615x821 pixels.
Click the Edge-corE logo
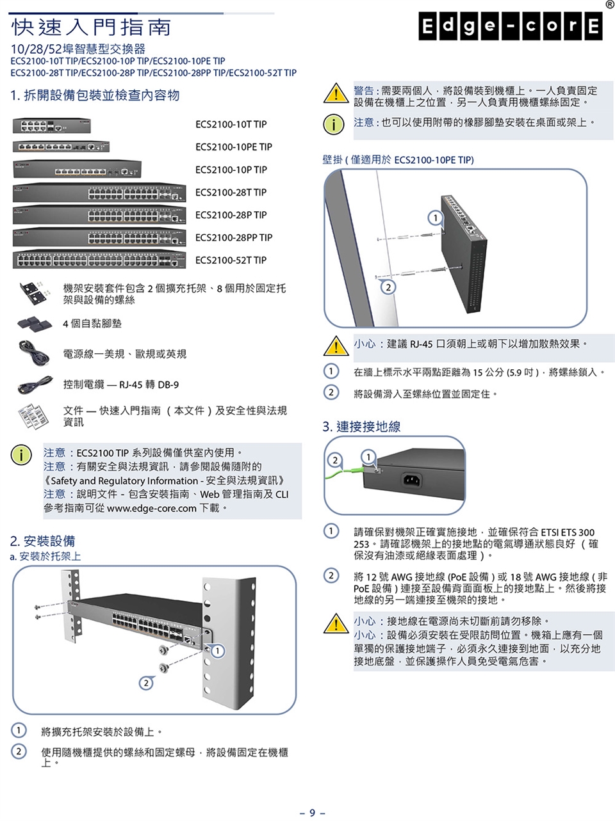tap(511, 26)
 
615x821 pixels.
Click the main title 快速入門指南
tap(92, 27)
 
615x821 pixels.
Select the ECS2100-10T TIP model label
tap(231, 124)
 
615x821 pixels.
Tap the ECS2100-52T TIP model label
tap(231, 260)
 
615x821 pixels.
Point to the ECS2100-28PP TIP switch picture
tap(99, 237)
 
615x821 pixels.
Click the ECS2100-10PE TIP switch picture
tap(61, 147)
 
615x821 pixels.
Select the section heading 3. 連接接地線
tap(361, 426)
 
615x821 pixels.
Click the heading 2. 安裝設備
tap(42, 541)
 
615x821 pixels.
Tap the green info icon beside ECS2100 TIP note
tap(21, 455)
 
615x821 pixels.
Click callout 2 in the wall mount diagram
tap(387, 286)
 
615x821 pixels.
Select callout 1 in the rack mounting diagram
tap(218, 651)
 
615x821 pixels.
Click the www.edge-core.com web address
tap(151, 508)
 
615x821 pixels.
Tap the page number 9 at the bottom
tap(312, 813)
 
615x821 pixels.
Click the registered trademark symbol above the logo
tap(609, 4)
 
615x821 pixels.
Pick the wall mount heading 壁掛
tap(332, 159)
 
